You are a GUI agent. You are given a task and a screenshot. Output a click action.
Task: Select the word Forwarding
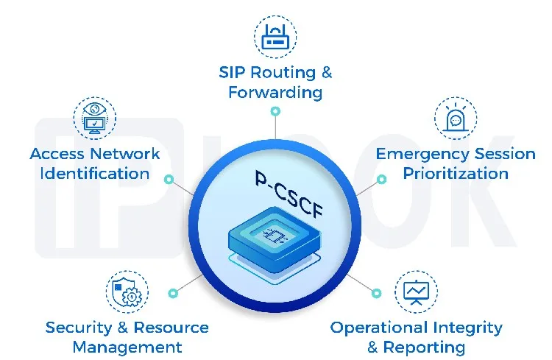pos(275,93)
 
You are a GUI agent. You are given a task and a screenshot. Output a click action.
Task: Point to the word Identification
pos(94,174)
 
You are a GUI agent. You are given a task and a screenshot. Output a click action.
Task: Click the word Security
pos(76,328)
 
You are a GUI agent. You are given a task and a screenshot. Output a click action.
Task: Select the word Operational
pos(380,328)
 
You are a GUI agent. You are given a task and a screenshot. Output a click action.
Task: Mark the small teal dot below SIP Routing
pos(275,112)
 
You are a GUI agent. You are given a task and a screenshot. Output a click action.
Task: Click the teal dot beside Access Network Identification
pos(169,180)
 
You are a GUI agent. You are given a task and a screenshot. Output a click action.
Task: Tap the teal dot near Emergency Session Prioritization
pos(381,180)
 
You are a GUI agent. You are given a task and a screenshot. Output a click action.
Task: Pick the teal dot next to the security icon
pos(173,292)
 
